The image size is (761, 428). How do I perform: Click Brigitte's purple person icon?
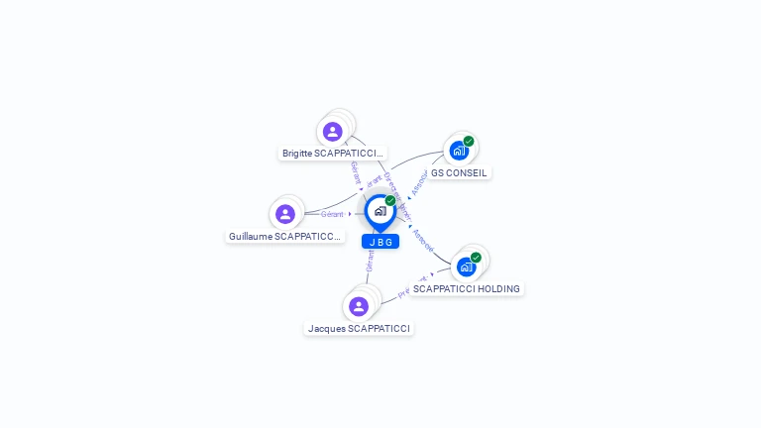tap(332, 131)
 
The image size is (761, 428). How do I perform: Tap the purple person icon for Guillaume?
tap(285, 214)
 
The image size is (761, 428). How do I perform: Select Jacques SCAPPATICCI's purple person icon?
tap(359, 306)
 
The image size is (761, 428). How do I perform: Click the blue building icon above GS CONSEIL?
tap(458, 151)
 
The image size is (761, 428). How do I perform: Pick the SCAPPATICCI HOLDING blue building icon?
tap(466, 267)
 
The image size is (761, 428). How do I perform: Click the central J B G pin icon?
tap(380, 211)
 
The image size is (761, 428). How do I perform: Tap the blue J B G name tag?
tap(380, 242)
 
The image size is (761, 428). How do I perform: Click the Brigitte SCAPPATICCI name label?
tap(332, 154)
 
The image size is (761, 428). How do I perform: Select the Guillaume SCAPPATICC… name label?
tap(285, 237)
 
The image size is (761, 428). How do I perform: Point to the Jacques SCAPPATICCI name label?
tap(359, 328)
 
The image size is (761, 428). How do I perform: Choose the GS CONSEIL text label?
tap(459, 172)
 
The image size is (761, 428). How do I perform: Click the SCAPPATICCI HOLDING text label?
tap(466, 289)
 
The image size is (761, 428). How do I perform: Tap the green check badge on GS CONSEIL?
tap(469, 142)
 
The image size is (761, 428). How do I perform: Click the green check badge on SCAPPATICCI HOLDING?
tap(476, 258)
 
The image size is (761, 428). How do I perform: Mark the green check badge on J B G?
tap(390, 201)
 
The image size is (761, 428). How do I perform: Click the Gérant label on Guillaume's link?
tap(332, 214)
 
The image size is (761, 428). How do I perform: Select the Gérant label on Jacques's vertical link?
tap(370, 261)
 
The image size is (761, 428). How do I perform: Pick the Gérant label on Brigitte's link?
tap(355, 172)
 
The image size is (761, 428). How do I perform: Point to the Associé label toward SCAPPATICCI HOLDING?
tap(422, 238)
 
